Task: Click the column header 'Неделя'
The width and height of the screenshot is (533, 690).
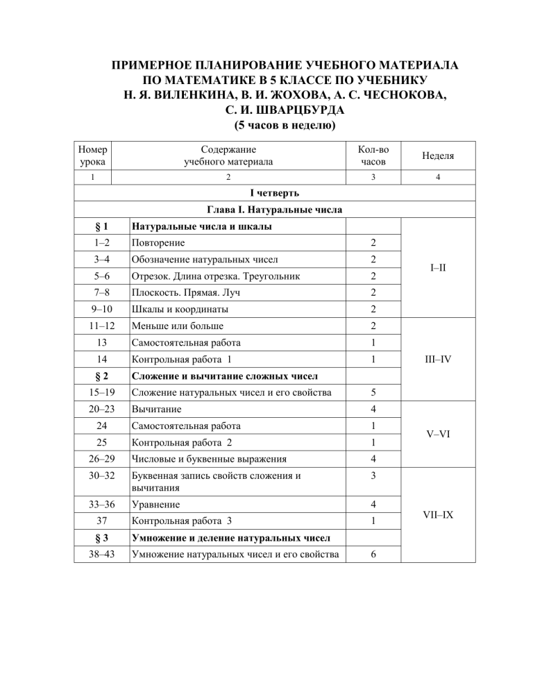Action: tap(436, 156)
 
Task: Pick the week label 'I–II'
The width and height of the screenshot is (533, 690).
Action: tap(436, 275)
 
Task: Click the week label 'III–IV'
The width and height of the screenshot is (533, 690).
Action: tap(436, 359)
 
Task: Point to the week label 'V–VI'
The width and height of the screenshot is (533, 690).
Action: tap(436, 432)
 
